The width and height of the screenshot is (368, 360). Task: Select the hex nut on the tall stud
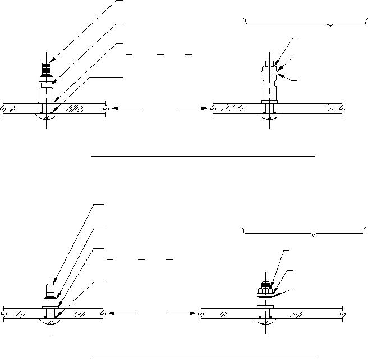(270, 71)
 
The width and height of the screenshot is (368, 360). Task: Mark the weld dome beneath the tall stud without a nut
(48, 116)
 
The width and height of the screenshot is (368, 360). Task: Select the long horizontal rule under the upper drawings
(203, 154)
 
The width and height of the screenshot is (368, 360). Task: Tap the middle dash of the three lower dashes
(142, 260)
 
